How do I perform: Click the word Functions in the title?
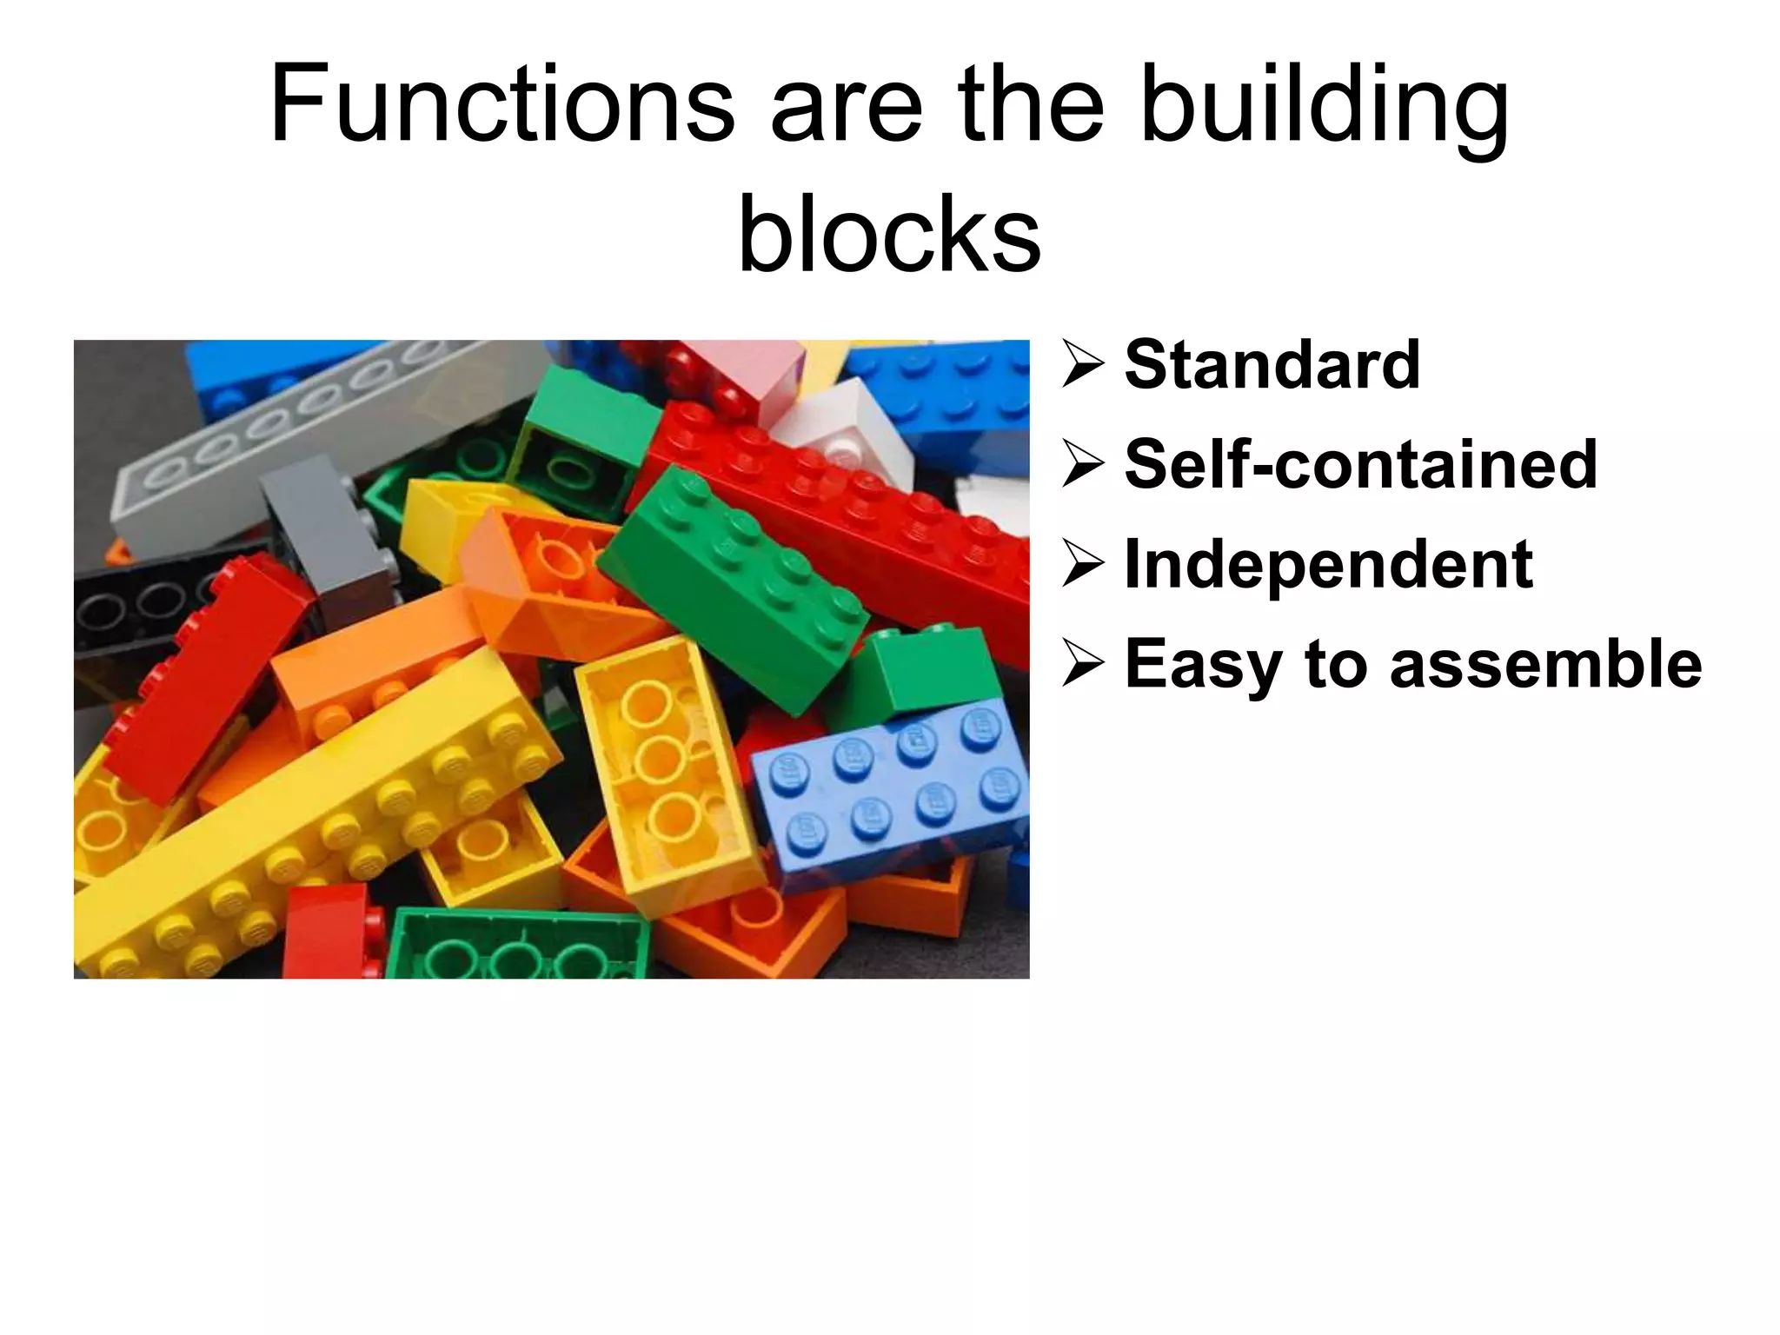[x=502, y=104]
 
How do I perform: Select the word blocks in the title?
[x=889, y=233]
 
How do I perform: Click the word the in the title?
[x=1031, y=104]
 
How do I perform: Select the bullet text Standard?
[x=1272, y=364]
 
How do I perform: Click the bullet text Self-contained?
[x=1360, y=464]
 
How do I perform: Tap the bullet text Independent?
[x=1328, y=564]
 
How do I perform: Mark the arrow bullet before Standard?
[x=1083, y=364]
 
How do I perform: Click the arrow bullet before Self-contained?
[x=1083, y=464]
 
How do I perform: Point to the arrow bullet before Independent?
[x=1083, y=564]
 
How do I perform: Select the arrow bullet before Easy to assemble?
[x=1083, y=666]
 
